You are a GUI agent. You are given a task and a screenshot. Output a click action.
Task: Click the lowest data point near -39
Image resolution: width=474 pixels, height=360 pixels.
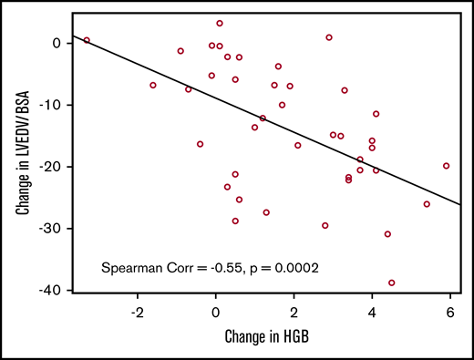392,283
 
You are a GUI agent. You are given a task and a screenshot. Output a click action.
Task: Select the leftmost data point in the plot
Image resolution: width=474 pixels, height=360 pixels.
87,40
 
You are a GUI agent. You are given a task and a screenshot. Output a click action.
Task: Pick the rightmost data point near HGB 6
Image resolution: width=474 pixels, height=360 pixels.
446,166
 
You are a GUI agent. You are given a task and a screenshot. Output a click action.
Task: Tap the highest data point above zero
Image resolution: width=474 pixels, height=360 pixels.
220,23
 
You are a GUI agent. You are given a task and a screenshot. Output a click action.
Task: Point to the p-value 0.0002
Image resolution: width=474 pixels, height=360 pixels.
288,269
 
